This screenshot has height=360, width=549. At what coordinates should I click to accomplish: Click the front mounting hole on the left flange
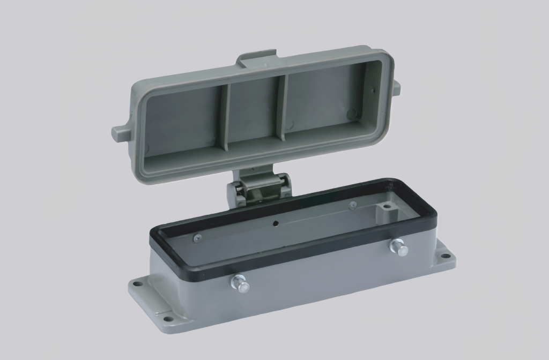coord(168,319)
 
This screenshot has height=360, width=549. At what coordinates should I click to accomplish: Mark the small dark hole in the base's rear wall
coord(275,223)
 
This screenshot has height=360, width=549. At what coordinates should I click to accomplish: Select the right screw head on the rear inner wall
coord(352,205)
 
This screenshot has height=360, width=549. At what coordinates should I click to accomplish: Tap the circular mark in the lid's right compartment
coord(352,113)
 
